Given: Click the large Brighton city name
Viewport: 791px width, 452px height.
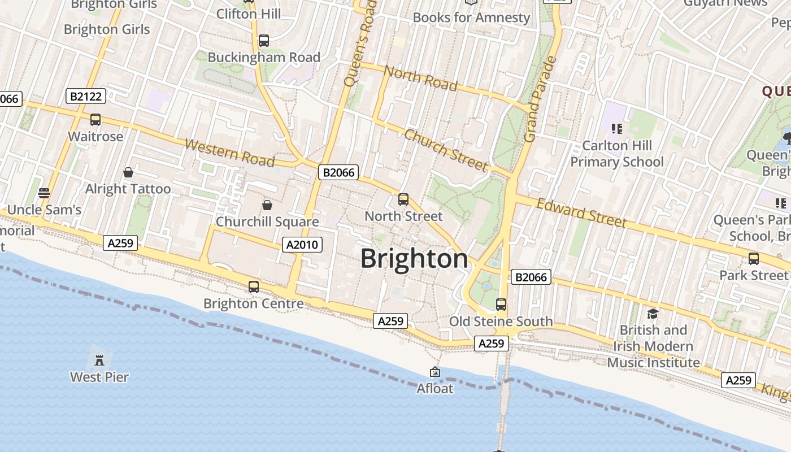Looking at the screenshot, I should click(x=414, y=259).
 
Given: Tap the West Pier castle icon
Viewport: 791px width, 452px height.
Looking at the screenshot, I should click(x=99, y=360).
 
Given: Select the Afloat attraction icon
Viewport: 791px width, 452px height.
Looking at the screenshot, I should click(x=435, y=372).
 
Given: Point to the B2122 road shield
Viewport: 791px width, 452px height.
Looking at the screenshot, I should click(x=86, y=96).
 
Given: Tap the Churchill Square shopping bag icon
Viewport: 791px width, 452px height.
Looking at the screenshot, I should click(x=267, y=205).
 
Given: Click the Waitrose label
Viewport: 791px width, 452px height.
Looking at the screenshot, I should click(x=95, y=137).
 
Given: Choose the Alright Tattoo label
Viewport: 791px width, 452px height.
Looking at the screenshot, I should click(x=128, y=189).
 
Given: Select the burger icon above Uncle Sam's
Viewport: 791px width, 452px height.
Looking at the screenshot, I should click(x=44, y=193).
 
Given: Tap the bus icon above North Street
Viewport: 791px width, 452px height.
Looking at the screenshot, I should click(x=403, y=199).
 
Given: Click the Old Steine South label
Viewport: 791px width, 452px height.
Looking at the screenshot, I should click(x=501, y=321).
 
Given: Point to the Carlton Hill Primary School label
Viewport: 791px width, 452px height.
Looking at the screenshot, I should click(x=617, y=154).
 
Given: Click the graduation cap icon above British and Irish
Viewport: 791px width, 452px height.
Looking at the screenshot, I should click(x=653, y=314).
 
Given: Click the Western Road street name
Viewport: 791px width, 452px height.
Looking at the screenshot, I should click(x=229, y=153).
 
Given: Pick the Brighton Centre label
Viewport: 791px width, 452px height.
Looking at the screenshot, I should click(x=253, y=303).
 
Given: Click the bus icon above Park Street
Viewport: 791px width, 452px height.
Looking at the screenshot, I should click(x=754, y=259).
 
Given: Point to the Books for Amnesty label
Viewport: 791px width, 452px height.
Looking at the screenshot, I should click(x=471, y=18).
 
